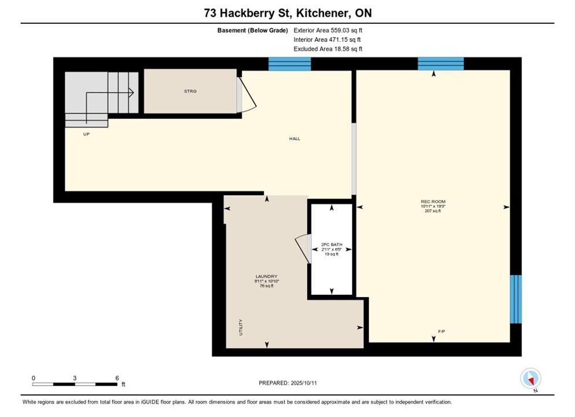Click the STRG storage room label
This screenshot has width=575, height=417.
(190, 91)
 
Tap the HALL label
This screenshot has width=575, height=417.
(294, 139)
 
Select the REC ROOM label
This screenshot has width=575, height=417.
(433, 202)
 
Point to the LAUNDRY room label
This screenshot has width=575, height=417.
(267, 276)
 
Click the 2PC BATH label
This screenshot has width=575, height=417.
(331, 244)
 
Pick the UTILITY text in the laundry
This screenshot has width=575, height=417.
(241, 327)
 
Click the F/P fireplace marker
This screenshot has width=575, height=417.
(441, 331)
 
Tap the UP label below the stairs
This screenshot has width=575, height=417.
(86, 134)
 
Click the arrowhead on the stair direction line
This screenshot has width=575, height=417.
(131, 93)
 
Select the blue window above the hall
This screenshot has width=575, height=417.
(290, 64)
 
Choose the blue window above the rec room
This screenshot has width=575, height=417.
(441, 64)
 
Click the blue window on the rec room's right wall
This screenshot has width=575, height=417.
(515, 299)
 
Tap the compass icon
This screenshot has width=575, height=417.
(530, 378)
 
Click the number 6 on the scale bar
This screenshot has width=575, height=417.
(117, 378)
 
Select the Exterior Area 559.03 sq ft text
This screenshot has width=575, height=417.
(328, 31)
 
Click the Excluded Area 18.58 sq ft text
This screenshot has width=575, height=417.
(328, 49)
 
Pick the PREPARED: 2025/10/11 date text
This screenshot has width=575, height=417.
(288, 383)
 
